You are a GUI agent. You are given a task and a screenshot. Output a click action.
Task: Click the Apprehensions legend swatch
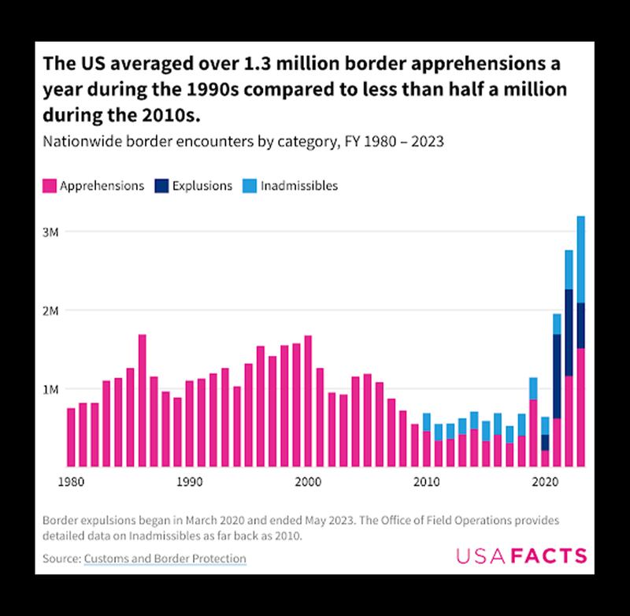coord(48,187)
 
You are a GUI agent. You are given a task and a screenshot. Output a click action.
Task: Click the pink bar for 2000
coord(308,401)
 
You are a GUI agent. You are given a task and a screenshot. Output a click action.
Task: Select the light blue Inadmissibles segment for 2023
coord(580,259)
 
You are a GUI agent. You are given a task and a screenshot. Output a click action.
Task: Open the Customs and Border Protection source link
coord(165,558)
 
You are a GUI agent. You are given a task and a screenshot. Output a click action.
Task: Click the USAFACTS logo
coord(521,556)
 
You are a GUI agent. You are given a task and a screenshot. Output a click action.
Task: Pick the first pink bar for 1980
coord(71,437)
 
